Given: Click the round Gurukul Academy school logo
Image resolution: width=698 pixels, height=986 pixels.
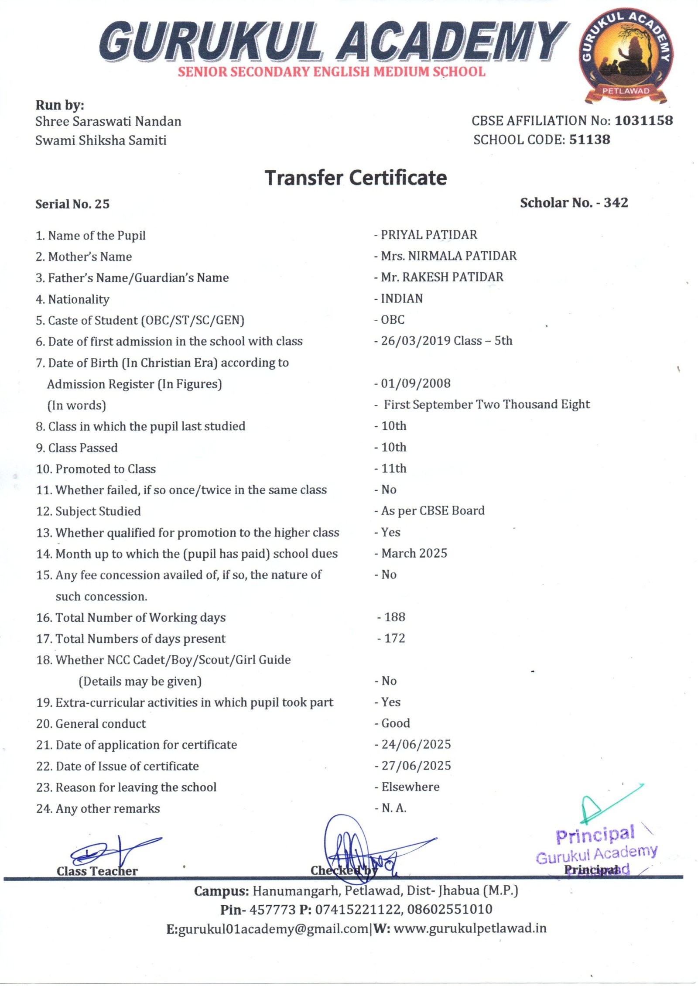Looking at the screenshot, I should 626,55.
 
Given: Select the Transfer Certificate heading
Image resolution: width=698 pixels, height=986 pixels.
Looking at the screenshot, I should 356,178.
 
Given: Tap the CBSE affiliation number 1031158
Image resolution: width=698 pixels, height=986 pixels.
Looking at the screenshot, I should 643,120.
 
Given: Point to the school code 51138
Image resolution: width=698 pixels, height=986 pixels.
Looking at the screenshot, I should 589,140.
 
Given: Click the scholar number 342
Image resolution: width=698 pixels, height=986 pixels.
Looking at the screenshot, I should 616,203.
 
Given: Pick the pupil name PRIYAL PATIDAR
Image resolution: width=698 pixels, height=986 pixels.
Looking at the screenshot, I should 429,235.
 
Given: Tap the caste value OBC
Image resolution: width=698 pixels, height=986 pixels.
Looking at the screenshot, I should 393,320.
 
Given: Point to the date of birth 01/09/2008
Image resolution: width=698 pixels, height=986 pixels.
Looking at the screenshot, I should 416,383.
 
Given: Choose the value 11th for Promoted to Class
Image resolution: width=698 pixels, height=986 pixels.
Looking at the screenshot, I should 394,469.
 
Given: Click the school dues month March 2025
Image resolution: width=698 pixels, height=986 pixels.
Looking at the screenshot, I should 414,553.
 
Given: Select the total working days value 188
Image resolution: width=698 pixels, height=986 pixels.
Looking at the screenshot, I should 395,617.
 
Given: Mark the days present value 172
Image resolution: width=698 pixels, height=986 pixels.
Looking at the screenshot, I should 395,638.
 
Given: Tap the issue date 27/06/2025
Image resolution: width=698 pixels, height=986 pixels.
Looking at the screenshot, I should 416,766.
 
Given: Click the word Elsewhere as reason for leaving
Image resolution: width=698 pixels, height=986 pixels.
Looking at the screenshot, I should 411,787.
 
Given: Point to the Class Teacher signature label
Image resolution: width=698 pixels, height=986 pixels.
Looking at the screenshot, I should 97,871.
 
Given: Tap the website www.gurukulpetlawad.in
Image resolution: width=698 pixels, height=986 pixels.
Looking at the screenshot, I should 470,928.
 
